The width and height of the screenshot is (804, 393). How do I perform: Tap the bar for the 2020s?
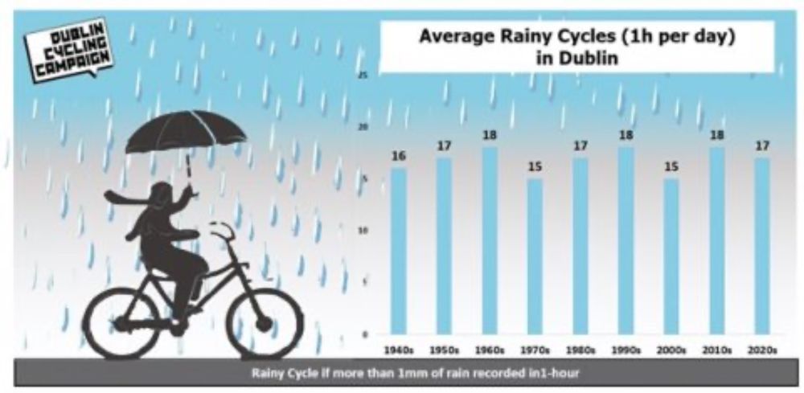762,245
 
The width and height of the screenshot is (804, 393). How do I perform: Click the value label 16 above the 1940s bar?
399,156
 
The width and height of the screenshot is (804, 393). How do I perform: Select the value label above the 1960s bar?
490,135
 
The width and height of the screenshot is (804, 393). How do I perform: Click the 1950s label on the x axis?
444,350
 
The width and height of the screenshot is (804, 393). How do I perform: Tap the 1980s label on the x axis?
580,350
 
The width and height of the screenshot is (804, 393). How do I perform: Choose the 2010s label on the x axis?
716,350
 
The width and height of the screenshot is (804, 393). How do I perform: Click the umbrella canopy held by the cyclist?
185,130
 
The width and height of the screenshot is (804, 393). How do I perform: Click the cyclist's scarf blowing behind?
121,197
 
